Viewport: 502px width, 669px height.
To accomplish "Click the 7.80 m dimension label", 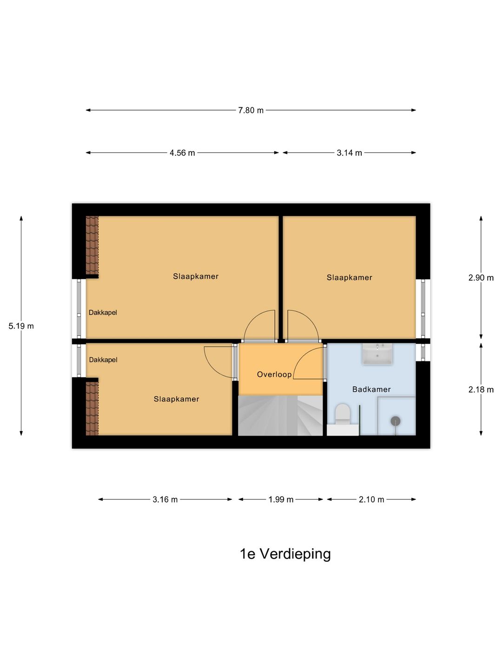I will (x=251, y=110).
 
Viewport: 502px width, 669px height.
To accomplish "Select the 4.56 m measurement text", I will (x=182, y=153).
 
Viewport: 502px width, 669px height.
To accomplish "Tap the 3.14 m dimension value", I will (x=349, y=153).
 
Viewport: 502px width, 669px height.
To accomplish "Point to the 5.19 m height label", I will (x=21, y=326).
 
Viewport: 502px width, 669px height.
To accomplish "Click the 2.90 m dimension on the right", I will (x=481, y=278).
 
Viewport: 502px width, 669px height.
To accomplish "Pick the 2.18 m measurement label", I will (x=481, y=390).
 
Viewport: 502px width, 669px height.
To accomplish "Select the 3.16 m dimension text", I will (x=165, y=500).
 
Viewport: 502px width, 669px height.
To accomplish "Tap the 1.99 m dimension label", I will (x=281, y=500).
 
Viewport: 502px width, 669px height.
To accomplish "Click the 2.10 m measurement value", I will (x=371, y=500).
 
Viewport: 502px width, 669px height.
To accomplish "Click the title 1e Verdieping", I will (x=285, y=554).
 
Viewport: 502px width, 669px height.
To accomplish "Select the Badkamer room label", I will (x=371, y=389).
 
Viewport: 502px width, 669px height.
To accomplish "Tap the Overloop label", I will (x=274, y=374).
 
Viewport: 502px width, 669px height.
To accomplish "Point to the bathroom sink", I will (x=377, y=354).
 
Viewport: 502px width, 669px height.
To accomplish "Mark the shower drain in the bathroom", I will (x=396, y=421).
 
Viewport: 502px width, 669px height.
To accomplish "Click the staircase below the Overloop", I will (x=280, y=415).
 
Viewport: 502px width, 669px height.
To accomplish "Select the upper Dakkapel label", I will (x=103, y=313).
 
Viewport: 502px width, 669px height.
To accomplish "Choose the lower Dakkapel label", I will (x=103, y=360).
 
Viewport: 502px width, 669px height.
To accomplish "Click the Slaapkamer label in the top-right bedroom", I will (x=349, y=278).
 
